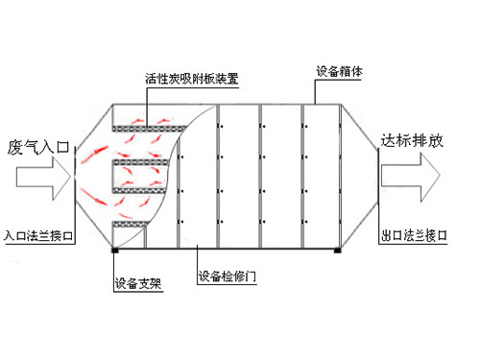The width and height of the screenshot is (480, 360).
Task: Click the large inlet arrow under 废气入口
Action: tap(39, 179)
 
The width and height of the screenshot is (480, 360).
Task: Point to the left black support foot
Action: tap(114, 252)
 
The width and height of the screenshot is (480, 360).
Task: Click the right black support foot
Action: tap(337, 252)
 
